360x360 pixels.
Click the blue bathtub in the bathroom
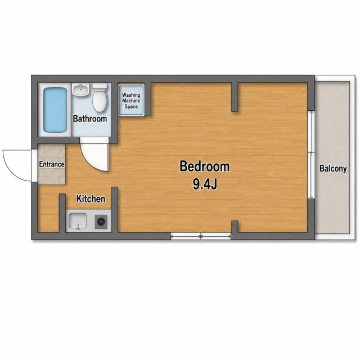(55, 110)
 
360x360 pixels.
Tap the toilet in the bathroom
(100, 97)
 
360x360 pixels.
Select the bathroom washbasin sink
(80, 89)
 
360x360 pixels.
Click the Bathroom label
(90, 119)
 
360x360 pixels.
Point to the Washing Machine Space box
(131, 100)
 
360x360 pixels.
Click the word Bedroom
(204, 166)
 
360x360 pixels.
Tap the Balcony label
(333, 169)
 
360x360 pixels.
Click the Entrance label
(52, 164)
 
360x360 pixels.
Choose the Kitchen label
(91, 199)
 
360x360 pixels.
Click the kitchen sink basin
(78, 220)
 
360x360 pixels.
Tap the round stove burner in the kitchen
(101, 222)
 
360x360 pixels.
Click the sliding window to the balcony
(311, 155)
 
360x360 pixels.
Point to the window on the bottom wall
(201, 236)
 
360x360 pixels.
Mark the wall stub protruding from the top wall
(235, 97)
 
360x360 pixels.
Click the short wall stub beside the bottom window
(235, 227)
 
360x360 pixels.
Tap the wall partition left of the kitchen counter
(62, 213)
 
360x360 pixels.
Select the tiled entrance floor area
(52, 164)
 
